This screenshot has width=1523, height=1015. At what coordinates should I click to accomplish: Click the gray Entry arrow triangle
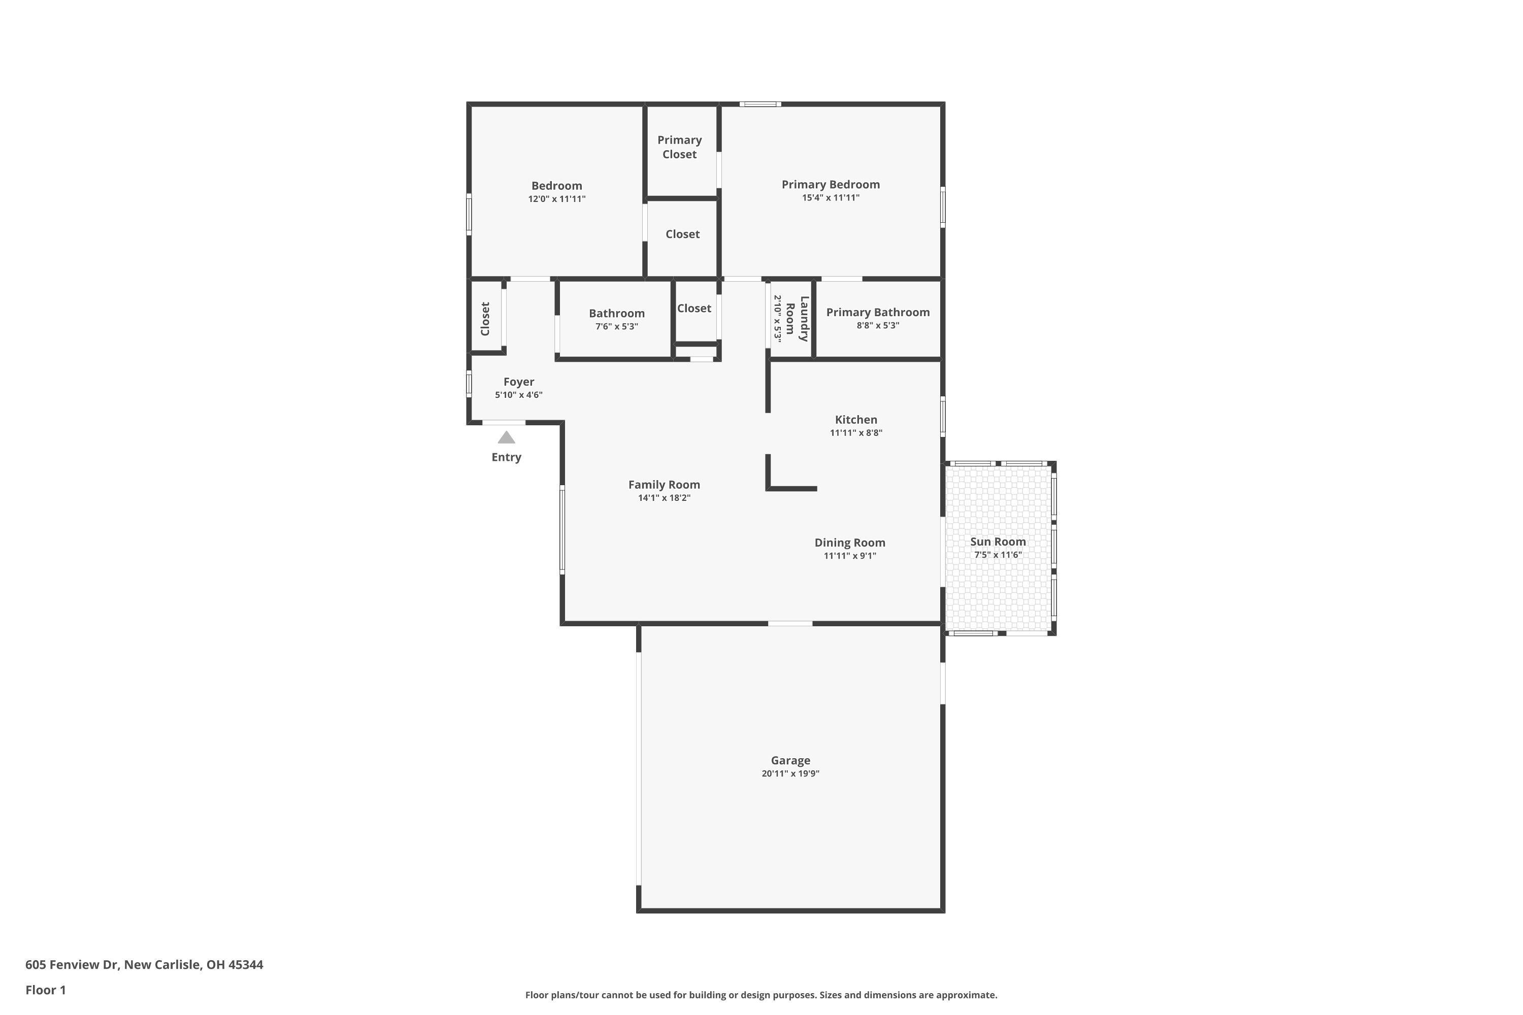pyautogui.click(x=506, y=437)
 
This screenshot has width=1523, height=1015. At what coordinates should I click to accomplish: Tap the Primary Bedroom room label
pyautogui.click(x=830, y=185)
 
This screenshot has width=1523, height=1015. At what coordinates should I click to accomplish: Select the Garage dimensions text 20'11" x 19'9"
pyautogui.click(x=790, y=773)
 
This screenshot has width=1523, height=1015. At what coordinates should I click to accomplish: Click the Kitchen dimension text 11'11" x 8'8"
pyautogui.click(x=855, y=433)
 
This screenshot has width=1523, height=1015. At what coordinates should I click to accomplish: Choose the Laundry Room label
pyautogui.click(x=797, y=319)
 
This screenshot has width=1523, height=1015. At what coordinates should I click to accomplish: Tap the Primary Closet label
pyautogui.click(x=679, y=147)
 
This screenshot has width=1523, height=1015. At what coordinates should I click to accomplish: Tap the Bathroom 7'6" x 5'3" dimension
pyautogui.click(x=616, y=326)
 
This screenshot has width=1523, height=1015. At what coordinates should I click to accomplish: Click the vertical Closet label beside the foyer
pyautogui.click(x=485, y=319)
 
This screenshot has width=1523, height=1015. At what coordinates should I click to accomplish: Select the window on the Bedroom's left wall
pyautogui.click(x=469, y=214)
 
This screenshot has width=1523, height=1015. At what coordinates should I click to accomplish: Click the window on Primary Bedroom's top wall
pyautogui.click(x=760, y=104)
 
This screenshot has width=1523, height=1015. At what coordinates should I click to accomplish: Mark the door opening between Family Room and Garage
pyautogui.click(x=790, y=623)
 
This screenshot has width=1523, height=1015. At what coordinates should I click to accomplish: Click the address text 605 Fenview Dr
pyautogui.click(x=71, y=965)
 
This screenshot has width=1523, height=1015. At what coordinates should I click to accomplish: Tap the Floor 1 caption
pyautogui.click(x=45, y=990)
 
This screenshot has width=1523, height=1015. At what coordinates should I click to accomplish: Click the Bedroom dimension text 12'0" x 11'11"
pyautogui.click(x=556, y=199)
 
